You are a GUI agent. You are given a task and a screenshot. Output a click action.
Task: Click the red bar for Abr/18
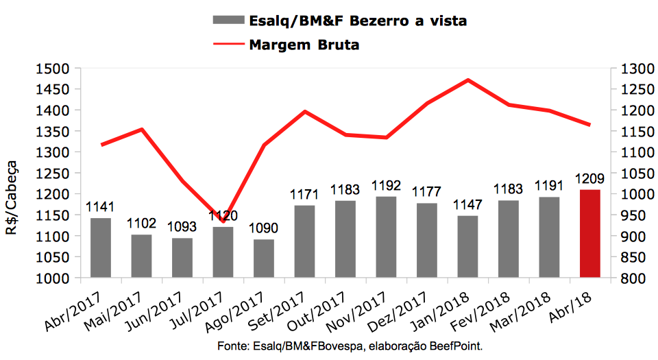tap(589, 234)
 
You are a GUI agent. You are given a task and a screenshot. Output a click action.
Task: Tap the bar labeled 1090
tap(264, 259)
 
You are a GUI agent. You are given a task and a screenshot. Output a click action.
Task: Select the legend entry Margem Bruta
tap(304, 45)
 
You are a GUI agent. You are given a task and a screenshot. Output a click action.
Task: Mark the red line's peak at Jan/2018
tap(467, 80)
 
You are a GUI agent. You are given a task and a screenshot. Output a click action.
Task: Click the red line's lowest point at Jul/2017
tap(223, 212)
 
